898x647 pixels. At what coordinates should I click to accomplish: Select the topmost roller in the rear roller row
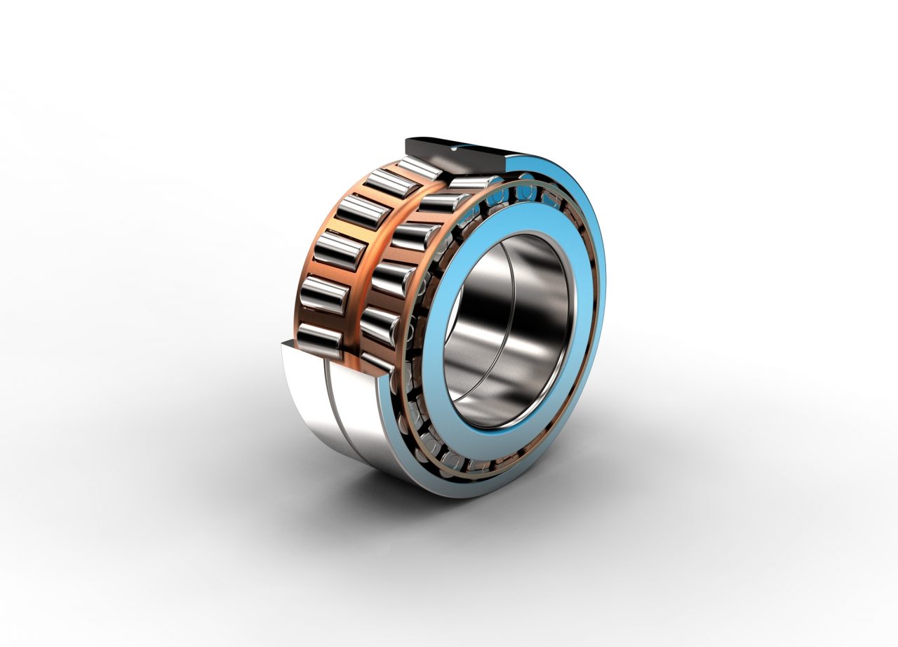click(x=419, y=168)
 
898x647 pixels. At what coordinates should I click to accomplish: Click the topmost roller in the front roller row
click(x=471, y=183)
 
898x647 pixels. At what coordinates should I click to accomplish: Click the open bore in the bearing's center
click(x=505, y=330)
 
